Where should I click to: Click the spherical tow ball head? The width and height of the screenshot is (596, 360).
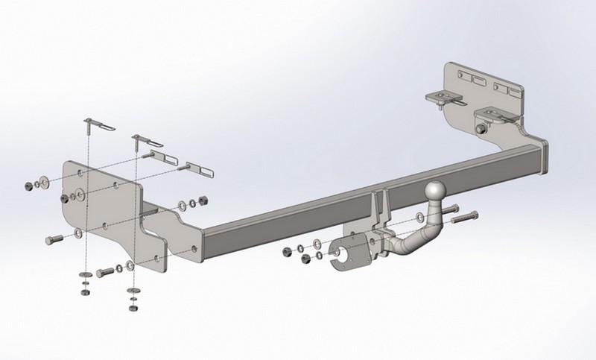tap(435, 192)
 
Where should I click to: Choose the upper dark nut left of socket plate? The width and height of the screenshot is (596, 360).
tap(287, 252)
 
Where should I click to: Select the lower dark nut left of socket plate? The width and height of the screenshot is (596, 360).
tap(305, 260)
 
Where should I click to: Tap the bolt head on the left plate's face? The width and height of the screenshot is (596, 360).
tap(69, 198)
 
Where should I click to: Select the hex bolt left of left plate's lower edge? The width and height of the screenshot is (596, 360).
tap(55, 240)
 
